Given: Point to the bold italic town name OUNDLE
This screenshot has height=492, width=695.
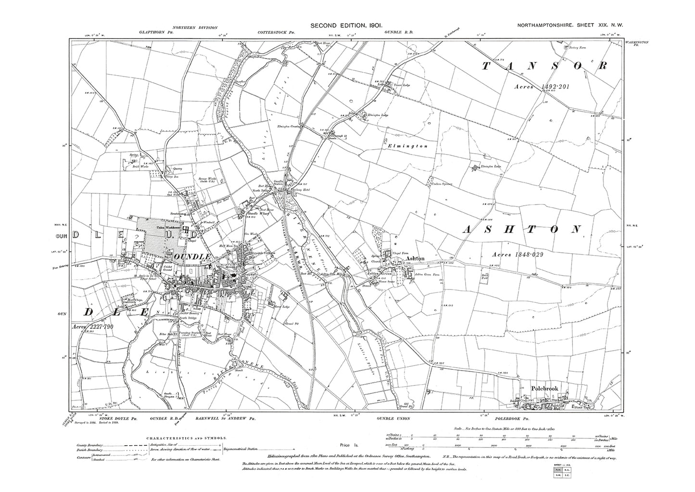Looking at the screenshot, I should coord(195,257).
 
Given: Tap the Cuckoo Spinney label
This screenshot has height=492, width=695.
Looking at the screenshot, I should coord(443,184).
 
